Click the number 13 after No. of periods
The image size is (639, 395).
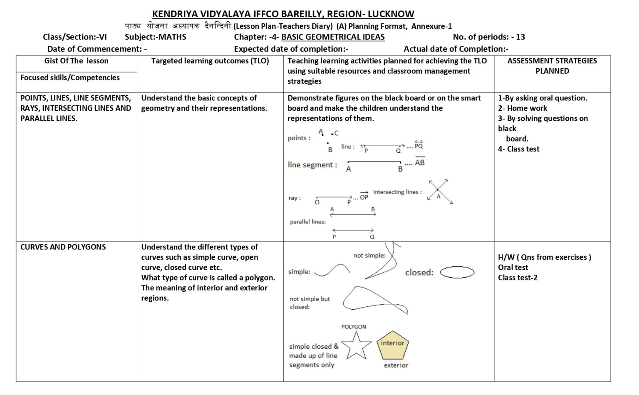pos(520,37)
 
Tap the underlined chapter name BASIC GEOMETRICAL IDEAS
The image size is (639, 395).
pos(333,37)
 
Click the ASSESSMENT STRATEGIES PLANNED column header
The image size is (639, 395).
pos(552,66)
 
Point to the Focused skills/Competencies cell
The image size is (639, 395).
pos(70,78)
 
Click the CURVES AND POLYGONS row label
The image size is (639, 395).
pos(63,247)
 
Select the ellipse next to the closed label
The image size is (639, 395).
pos(457,273)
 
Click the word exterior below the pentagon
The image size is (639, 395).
pos(396,365)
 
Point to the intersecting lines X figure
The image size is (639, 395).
pos(439,191)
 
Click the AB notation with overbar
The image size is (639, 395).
pos(420,162)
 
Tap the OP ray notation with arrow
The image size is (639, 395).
pos(364,197)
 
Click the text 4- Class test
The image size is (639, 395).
pos(518,149)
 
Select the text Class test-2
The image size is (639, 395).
pos(518,278)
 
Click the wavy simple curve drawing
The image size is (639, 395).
pos(332,271)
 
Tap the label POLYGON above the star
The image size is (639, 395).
pos(354,327)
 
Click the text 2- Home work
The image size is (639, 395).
pos(523,108)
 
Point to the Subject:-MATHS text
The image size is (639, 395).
pos(156,37)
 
